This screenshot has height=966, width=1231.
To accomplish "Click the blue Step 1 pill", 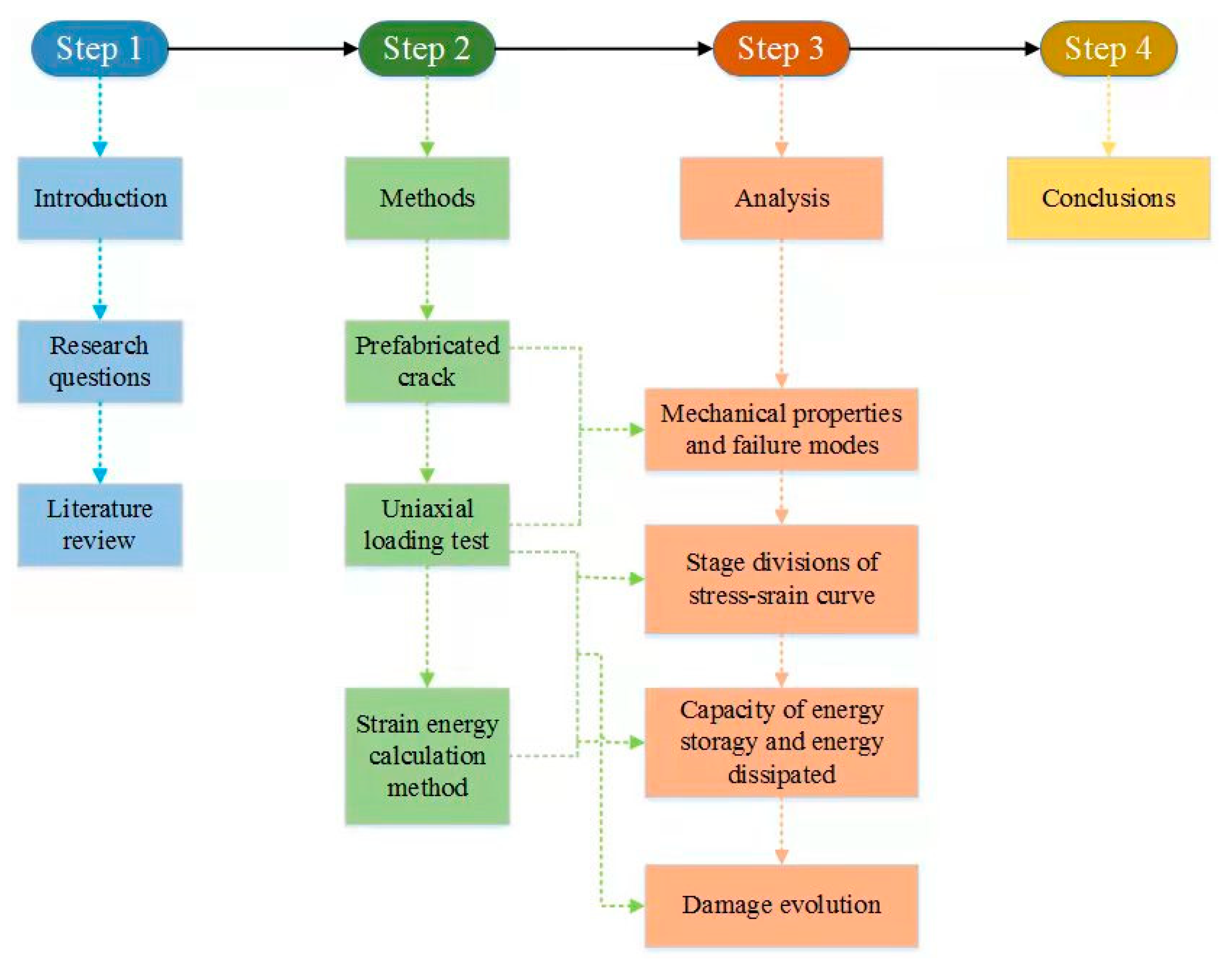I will pos(100,49).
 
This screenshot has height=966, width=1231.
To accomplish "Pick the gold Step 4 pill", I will pos(1108,49).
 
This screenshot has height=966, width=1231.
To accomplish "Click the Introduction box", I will pos(100,198).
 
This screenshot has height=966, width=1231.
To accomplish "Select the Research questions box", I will pos(100,361).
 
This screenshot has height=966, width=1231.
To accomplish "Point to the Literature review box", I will pos(100,524).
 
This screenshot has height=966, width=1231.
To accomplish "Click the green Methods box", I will pos(427,198).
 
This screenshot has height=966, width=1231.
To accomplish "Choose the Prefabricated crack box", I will pos(427,361).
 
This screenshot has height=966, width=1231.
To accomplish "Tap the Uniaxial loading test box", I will pos(427,524).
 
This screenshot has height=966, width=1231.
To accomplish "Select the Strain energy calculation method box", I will pos(427,756).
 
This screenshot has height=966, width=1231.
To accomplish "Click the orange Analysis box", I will pos(781,198).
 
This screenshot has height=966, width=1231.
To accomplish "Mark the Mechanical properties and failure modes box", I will pos(781,429).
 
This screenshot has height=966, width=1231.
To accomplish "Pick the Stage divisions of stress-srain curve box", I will pos(781,578).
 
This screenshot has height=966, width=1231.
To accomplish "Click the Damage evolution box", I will pos(781,906).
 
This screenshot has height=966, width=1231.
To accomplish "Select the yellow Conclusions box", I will pos(1108,198).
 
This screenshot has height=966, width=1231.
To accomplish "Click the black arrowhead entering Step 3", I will pos(705,49).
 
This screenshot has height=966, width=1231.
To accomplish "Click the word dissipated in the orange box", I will pos(781,774).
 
